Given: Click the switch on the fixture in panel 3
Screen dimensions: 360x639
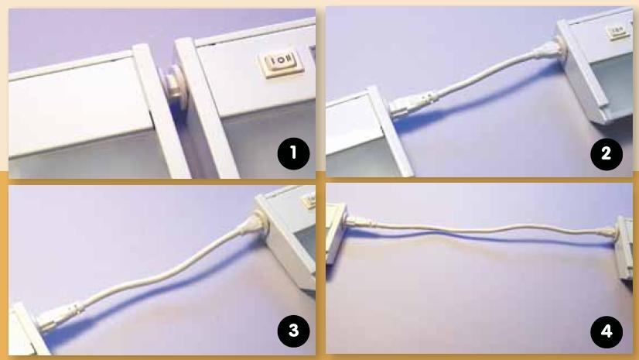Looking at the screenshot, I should (309, 201).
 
